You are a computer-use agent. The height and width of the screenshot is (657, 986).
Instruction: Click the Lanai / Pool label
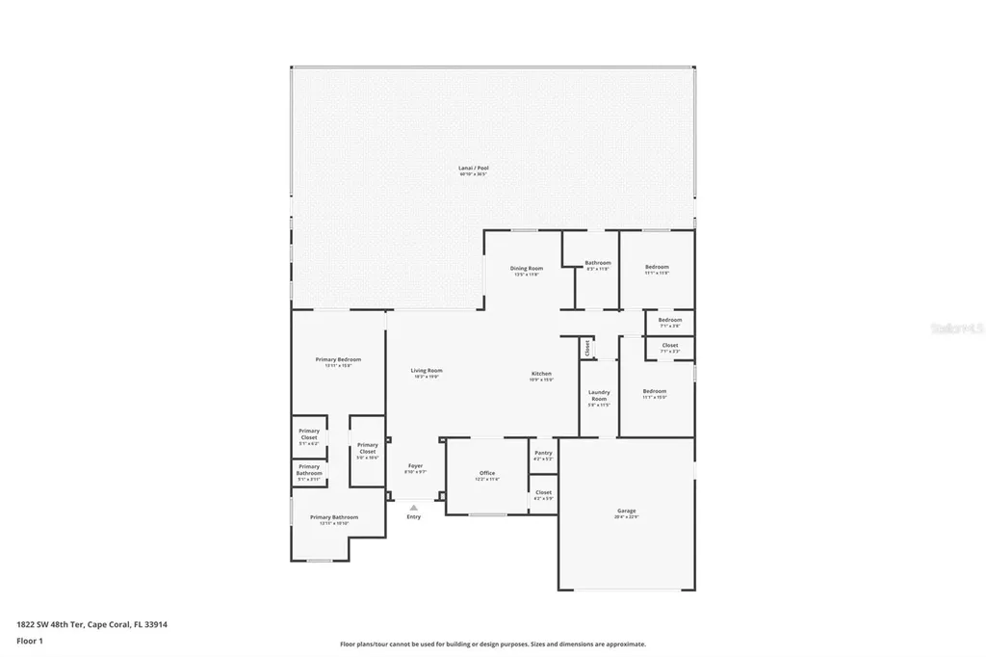tap(473, 169)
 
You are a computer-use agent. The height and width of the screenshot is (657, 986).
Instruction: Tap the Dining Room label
tap(527, 269)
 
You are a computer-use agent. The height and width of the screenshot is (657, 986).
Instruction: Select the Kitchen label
tap(542, 374)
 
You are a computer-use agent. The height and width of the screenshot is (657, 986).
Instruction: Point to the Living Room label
tap(427, 371)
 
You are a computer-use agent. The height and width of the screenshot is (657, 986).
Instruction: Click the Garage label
tap(627, 512)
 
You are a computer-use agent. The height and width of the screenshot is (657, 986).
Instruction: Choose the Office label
tap(487, 473)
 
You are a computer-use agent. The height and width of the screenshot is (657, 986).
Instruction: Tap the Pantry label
tap(543, 453)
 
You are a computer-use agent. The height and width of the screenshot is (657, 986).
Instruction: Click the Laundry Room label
tap(599, 395)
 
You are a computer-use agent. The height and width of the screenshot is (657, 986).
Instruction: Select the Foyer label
tap(415, 466)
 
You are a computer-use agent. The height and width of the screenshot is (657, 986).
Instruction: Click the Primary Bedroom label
tap(338, 360)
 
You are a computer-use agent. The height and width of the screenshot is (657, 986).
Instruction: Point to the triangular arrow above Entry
tap(414, 507)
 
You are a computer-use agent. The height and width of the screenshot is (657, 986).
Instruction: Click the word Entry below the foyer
tap(414, 517)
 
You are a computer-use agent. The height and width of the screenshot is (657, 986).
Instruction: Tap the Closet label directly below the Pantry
tap(543, 492)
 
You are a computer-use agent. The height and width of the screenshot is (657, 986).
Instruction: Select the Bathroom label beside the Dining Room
tap(598, 263)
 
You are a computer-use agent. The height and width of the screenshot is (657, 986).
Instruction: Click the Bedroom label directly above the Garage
tap(655, 392)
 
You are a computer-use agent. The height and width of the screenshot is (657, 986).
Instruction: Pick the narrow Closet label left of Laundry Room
tap(586, 348)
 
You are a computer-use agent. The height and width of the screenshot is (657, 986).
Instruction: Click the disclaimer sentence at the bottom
tap(492, 644)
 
